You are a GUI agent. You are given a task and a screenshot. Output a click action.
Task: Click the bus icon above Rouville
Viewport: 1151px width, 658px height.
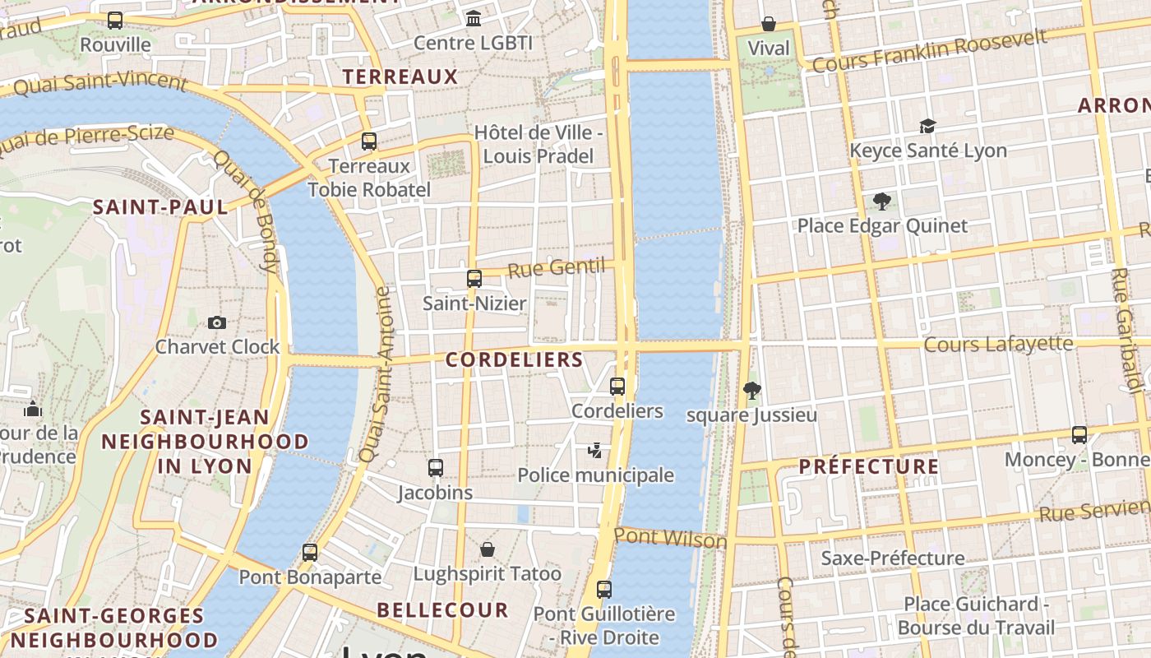click(x=115, y=21)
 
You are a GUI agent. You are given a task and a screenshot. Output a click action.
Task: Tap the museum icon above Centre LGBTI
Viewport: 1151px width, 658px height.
click(x=474, y=18)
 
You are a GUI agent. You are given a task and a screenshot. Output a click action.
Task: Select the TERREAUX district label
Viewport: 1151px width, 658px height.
click(x=400, y=76)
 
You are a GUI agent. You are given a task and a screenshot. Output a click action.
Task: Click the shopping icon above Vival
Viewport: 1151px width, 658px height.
click(x=769, y=24)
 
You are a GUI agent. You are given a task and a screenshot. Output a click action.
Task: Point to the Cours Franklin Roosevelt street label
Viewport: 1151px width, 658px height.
click(x=929, y=51)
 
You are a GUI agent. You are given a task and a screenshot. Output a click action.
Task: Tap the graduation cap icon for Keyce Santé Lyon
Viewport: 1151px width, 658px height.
click(x=927, y=126)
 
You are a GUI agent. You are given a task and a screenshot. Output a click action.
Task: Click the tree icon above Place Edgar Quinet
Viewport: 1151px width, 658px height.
click(x=882, y=201)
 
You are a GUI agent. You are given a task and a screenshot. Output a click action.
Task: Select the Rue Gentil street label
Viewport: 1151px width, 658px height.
click(x=556, y=267)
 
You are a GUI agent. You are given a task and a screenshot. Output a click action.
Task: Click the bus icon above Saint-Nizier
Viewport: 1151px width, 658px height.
click(x=474, y=278)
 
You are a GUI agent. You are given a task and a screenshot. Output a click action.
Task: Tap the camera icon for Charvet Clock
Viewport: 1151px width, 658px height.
click(x=217, y=322)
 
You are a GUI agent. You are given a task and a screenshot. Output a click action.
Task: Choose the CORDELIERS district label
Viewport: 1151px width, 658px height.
click(x=514, y=359)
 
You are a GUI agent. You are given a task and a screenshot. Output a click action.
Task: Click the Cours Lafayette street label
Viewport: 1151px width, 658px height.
click(x=998, y=344)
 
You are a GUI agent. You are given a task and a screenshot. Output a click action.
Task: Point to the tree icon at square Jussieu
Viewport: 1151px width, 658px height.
click(x=751, y=390)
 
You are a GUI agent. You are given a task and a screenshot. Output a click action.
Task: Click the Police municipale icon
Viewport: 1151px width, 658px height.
click(x=595, y=450)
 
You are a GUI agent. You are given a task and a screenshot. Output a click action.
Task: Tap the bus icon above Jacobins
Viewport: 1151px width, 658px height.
click(x=436, y=468)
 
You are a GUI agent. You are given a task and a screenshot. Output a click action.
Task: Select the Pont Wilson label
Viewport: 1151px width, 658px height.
click(x=670, y=539)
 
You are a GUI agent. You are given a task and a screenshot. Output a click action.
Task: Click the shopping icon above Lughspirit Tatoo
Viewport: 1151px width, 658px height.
click(x=488, y=549)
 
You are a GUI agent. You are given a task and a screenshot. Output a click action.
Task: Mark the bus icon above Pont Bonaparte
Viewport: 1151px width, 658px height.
click(x=310, y=553)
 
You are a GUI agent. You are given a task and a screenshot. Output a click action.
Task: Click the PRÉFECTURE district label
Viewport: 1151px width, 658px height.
click(x=868, y=466)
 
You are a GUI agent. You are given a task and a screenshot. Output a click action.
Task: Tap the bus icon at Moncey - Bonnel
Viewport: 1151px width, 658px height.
click(x=1079, y=434)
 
